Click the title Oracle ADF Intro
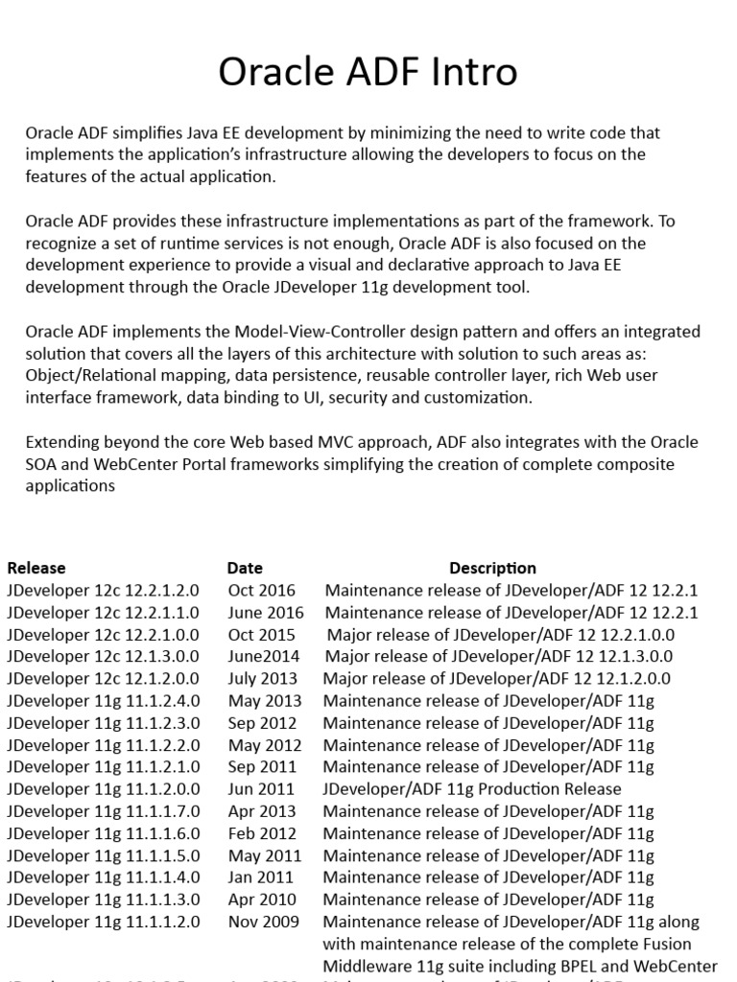[368, 72]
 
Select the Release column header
[36, 568]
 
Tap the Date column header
[245, 568]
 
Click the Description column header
[492, 568]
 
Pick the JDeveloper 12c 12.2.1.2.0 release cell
[104, 590]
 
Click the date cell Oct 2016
[262, 590]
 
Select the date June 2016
[266, 612]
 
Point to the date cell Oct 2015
[262, 634]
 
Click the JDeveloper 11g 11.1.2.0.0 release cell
[104, 789]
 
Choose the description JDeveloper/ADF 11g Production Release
[472, 789]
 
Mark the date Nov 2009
[264, 922]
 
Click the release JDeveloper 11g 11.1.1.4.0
[104, 877]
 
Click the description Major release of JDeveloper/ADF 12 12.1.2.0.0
[496, 678]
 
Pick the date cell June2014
[264, 656]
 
